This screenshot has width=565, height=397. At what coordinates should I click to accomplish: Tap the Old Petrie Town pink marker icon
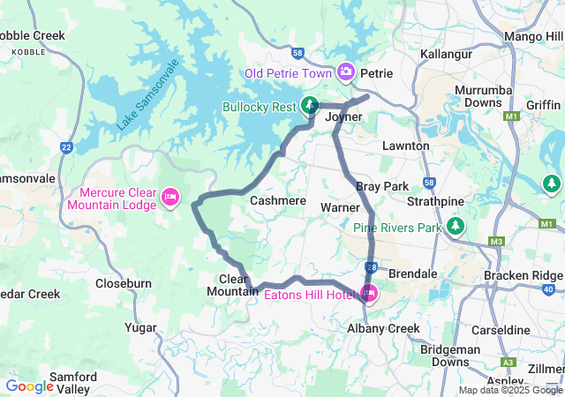pos(346,71)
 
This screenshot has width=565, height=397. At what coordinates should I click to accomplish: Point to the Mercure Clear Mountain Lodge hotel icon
pos(170,193)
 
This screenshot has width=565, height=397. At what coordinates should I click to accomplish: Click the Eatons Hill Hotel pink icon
pos(369,294)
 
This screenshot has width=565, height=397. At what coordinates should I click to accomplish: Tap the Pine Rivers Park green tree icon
pos(456,227)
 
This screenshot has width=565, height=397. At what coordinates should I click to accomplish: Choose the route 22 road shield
pos(67,147)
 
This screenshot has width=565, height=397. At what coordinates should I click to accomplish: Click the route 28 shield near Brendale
pos(372,266)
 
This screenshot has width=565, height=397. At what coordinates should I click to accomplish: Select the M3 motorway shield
pos(497,241)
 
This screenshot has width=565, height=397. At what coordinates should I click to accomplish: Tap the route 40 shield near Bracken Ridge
pos(549,289)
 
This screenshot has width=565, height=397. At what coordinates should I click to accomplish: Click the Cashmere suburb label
pos(277,201)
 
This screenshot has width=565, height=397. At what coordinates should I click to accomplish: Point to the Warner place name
pos(340,207)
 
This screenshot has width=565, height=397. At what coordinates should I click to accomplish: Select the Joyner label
pos(344,116)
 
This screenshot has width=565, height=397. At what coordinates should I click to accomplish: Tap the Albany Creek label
pos(383,328)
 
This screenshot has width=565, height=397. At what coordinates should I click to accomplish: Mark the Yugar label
pos(141,327)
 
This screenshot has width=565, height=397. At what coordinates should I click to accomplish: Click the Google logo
pos(29,386)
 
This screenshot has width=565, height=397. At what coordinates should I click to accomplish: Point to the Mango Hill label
pos(532,36)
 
